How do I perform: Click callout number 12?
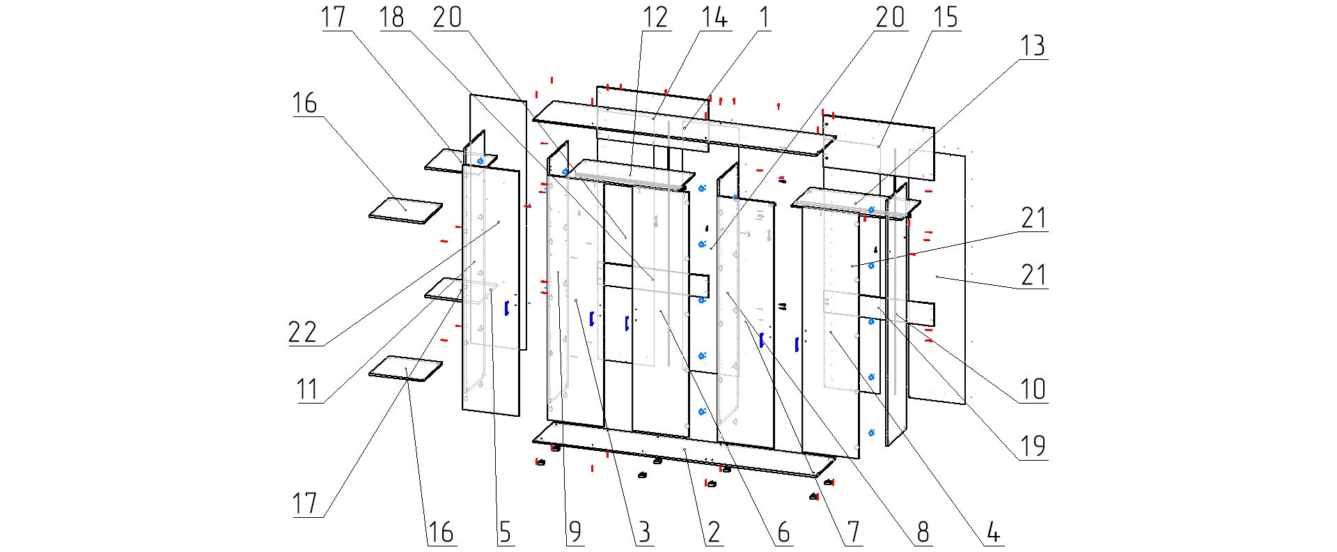coord(655,17)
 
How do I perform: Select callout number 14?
coord(714,17)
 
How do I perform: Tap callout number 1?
coord(764,17)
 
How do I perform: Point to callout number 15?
coord(946,17)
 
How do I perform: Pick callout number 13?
coord(1033,46)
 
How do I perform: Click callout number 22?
coord(303,332)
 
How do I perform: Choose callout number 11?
coord(307,389)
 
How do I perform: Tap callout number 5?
coord(505,532)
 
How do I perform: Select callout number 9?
coord(574,532)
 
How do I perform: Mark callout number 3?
coord(644,532)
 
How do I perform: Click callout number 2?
coord(714,532)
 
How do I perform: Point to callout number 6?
coord(783,532)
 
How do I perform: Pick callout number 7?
coord(853,532)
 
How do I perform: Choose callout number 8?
coord(923,532)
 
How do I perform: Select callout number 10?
coord(1033,389)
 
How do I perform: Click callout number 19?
coord(1033,446)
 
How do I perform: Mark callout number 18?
coord(391,17)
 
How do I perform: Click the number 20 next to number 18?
coord(447,17)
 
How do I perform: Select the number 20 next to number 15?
coord(890,17)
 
